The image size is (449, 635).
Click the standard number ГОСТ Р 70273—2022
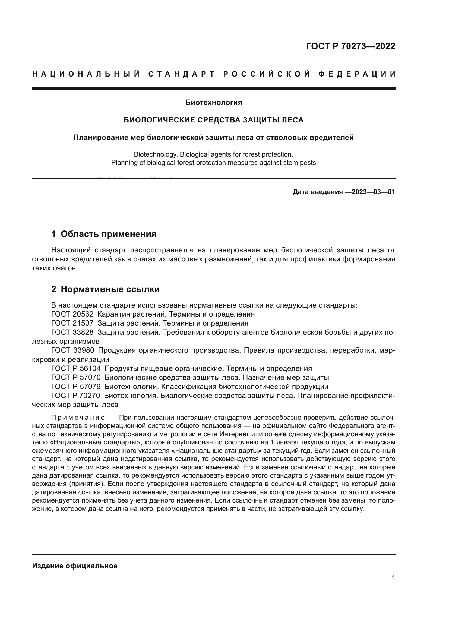[x=350, y=46]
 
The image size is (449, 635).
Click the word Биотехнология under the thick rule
[x=213, y=103]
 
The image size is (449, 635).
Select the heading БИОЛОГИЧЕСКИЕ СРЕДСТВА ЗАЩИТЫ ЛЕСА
[x=213, y=120]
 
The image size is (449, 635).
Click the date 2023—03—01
[x=373, y=192]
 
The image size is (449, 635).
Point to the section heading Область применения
[x=108, y=234]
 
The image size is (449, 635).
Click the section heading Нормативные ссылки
[x=110, y=289]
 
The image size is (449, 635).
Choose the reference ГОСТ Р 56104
[x=76, y=369]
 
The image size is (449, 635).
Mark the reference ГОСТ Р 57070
[x=76, y=378]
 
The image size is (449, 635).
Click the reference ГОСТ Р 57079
[x=76, y=387]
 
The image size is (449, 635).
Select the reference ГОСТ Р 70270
[x=75, y=396]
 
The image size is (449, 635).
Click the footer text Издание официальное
[x=75, y=566]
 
